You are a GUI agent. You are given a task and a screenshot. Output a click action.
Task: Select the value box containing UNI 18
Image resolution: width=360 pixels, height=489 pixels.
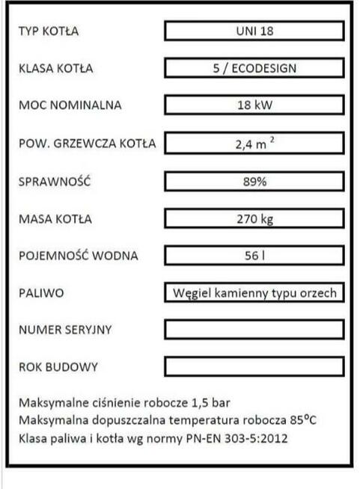(254, 31)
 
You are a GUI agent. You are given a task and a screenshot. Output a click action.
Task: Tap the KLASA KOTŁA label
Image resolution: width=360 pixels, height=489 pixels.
(55, 69)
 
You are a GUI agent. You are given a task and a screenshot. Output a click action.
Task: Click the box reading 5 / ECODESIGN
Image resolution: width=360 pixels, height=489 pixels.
(254, 69)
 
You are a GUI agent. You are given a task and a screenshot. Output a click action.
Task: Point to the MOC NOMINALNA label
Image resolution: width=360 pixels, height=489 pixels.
(69, 105)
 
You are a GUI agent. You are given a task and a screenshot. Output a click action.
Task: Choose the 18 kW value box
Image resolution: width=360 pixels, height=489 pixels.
(254, 105)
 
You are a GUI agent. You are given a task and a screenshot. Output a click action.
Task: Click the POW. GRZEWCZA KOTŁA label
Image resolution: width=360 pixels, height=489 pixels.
(86, 144)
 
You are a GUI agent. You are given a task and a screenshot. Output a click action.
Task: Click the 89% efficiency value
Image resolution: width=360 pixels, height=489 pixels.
(254, 181)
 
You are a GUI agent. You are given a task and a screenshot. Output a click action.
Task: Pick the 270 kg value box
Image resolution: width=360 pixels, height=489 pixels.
(254, 219)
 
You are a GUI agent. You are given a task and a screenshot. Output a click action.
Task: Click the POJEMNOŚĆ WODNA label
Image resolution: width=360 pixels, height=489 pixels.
(78, 256)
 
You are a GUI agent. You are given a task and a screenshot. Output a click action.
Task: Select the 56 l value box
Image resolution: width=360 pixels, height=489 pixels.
(254, 256)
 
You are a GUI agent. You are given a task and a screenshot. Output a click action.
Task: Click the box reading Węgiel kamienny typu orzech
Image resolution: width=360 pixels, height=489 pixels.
(254, 293)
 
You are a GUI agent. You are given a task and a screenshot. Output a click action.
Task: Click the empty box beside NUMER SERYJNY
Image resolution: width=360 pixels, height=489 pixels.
(254, 330)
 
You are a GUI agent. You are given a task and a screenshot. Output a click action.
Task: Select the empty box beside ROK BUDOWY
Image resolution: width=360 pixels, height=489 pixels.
(254, 367)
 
